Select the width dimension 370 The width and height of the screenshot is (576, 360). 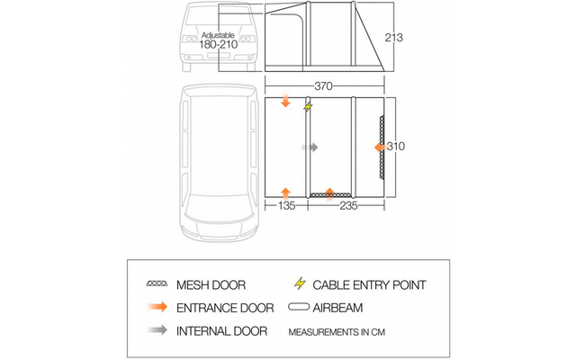click(x=325, y=86)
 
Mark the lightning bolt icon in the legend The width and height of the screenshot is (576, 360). click(x=299, y=285)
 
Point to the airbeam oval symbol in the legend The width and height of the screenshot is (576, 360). click(x=299, y=308)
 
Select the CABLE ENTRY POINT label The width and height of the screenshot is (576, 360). click(x=368, y=285)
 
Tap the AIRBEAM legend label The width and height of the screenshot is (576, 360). click(x=345, y=308)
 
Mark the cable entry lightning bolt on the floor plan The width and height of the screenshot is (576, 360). click(x=309, y=107)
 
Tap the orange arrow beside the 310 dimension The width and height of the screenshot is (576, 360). click(x=380, y=147)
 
